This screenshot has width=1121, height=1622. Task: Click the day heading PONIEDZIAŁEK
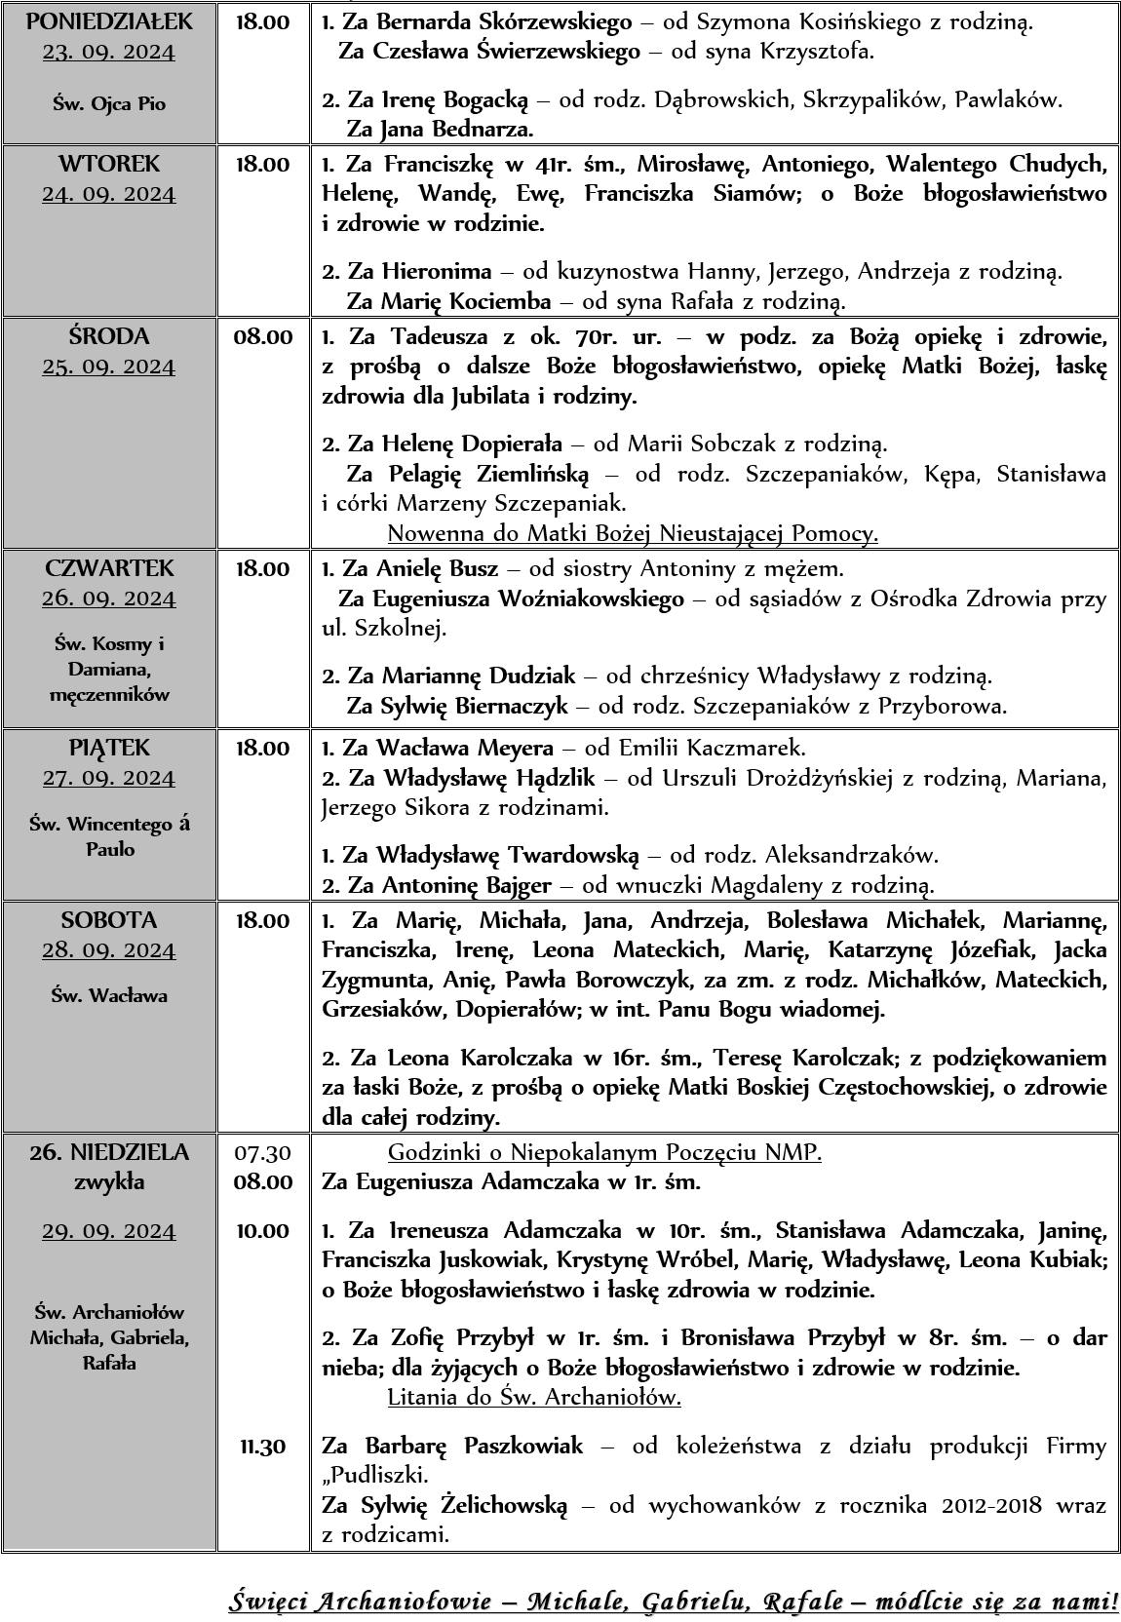pos(109,21)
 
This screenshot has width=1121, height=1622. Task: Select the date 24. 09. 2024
pos(109,194)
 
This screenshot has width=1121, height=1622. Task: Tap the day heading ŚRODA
pos(109,336)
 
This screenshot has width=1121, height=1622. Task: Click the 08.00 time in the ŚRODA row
pos(262,337)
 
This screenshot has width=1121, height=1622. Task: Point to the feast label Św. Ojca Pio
pos(109,104)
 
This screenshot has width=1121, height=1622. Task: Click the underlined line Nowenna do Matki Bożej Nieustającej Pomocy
pos(633,533)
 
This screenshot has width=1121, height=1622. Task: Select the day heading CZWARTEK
pos(109,568)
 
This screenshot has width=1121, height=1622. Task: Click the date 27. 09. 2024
pos(109,778)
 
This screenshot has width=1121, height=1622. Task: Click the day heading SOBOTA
pos(109,920)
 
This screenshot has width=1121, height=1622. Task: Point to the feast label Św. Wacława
pos(109,995)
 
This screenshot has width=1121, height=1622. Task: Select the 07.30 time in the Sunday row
pos(262,1153)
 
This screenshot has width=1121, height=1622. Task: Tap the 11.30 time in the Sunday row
pos(262,1446)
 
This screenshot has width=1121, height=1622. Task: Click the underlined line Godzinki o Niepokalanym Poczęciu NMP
pos(604,1153)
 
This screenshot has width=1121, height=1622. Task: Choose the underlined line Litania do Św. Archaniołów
pos(534,1397)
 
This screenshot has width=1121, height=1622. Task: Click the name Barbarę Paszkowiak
pos(474,1446)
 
